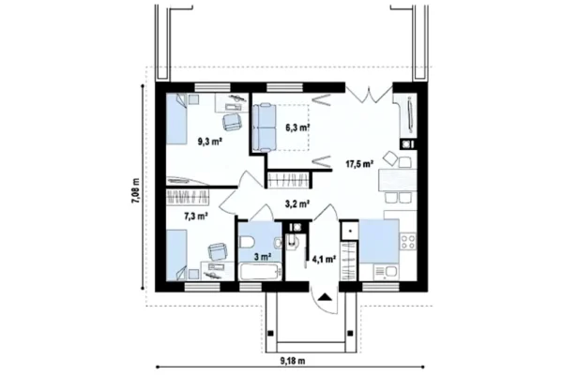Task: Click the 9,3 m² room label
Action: point(209,142)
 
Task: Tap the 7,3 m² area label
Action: point(196,216)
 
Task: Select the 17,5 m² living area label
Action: point(358,164)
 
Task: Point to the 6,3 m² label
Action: point(298,127)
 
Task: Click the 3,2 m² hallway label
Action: point(297,204)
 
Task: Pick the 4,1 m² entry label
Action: point(324,259)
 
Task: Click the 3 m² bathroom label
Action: point(263,257)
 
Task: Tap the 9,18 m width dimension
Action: point(293,361)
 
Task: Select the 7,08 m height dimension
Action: point(135,191)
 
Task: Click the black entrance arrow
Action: point(325,297)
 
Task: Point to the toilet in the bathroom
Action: point(247,242)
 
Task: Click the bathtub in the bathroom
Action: point(260,272)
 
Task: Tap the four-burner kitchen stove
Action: point(408,241)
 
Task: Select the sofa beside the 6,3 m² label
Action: point(265,127)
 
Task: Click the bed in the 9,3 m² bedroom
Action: point(176,119)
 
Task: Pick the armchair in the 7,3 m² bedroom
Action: point(218,251)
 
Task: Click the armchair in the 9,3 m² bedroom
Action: point(232,122)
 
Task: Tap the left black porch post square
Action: point(271,334)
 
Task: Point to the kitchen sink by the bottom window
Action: point(386,272)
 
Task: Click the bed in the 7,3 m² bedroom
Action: point(176,255)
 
